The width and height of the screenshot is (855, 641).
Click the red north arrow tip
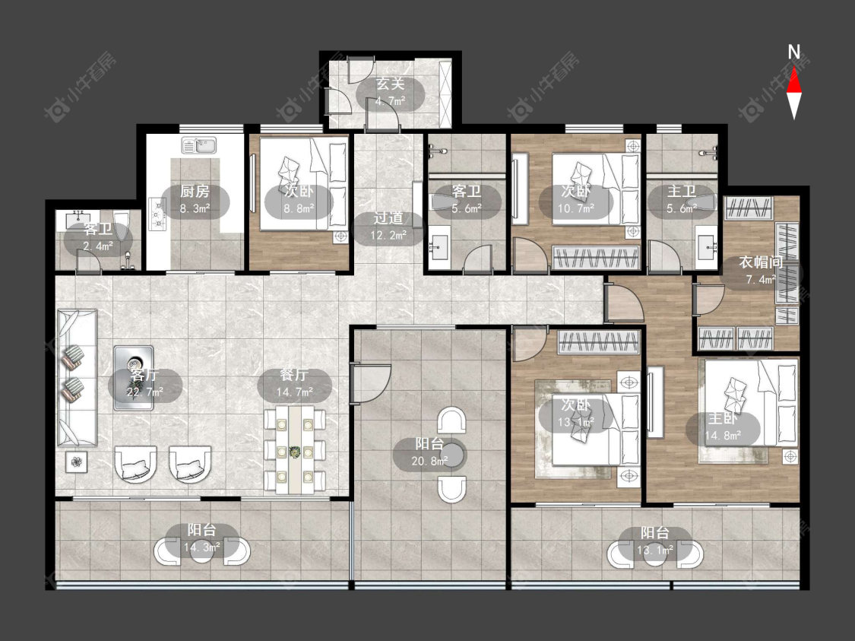[794, 67]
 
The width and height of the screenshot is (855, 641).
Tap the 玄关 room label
[391, 84]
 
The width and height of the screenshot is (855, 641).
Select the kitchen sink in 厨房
[199, 146]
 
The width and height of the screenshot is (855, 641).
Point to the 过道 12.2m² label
[388, 227]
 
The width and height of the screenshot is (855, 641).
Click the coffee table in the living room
[134, 377]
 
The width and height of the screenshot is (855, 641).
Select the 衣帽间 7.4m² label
[760, 270]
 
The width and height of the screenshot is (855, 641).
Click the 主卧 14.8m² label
[723, 427]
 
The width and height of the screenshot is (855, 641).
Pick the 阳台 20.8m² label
[429, 452]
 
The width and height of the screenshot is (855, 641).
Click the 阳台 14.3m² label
[201, 538]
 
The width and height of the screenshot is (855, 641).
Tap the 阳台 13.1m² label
[655, 541]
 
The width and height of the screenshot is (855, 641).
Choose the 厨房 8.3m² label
[195, 199]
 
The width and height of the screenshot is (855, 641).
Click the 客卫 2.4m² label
[98, 237]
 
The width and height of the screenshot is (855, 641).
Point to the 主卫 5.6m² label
[682, 199]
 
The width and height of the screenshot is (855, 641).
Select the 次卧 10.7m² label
[576, 199]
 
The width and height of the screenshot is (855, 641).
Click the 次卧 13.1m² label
[576, 413]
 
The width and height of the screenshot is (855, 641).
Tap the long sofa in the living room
[77, 378]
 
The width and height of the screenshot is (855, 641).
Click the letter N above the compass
[794, 53]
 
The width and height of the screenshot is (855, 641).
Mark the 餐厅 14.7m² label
[294, 383]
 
